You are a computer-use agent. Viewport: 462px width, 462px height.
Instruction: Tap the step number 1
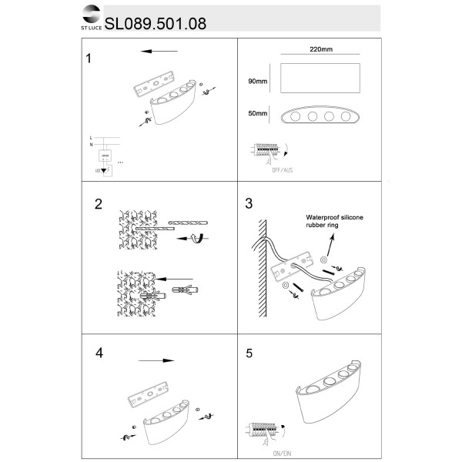[x=91, y=59]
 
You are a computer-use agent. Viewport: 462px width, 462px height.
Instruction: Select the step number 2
[x=98, y=204]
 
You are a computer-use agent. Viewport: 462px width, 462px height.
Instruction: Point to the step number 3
[x=248, y=204]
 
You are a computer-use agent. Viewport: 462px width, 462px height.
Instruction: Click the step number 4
[x=99, y=353]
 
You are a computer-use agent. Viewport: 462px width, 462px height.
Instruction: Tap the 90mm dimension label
[x=257, y=81]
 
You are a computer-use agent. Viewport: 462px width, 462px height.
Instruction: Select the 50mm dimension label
[x=257, y=114]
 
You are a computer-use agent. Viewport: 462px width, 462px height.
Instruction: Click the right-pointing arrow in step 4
[x=157, y=360]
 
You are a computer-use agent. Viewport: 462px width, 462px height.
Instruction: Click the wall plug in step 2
[x=185, y=291]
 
